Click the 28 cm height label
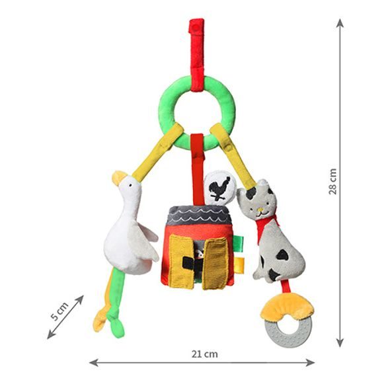click(332, 181)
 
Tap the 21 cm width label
click(204, 354)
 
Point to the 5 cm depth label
click(59, 311)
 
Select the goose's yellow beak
click(118, 177)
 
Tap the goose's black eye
click(130, 185)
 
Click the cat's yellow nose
click(260, 210)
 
